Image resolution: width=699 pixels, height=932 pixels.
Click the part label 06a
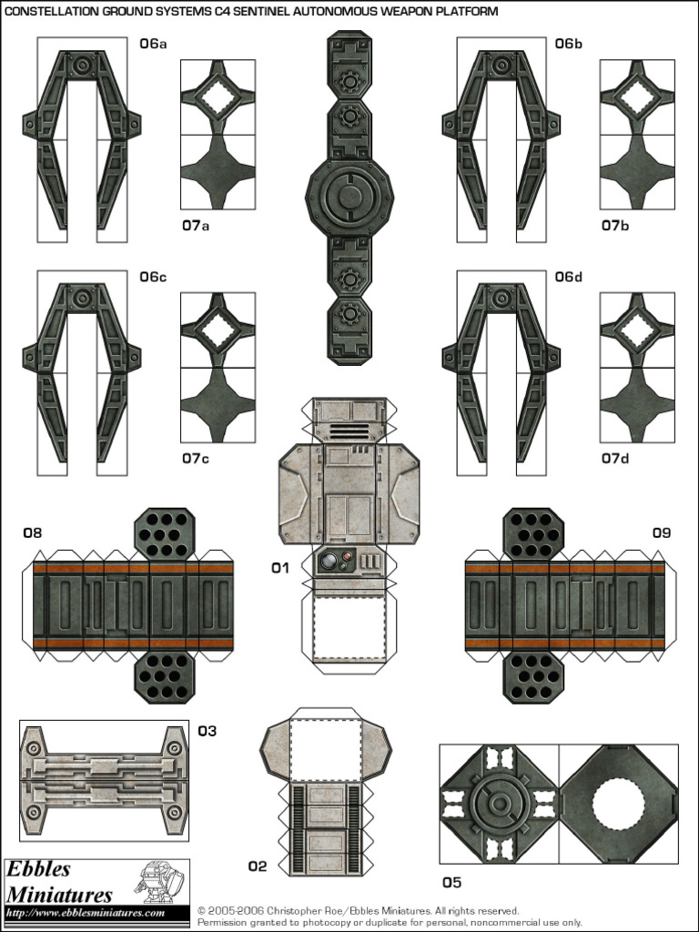coord(153,44)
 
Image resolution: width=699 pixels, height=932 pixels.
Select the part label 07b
coord(615,226)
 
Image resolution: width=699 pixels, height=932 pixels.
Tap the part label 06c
coord(153,277)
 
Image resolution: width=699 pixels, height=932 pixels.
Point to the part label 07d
coord(615,458)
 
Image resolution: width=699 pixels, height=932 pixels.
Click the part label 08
coord(33,533)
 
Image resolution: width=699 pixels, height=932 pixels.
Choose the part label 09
coord(661,533)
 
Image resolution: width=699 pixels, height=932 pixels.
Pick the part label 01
coord(280,568)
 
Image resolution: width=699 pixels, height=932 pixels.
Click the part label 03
coord(208,731)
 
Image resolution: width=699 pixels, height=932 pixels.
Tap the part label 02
coord(258,866)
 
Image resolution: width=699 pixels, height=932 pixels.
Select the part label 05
coord(451,882)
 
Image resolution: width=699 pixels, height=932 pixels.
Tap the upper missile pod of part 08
coord(165,532)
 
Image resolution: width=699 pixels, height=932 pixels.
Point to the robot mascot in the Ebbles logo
coord(158,881)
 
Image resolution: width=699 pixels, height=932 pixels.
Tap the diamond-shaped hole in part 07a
coord(218,96)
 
